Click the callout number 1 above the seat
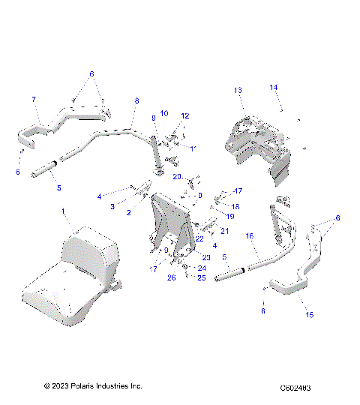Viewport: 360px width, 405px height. [63, 212]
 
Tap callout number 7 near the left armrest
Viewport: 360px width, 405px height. [33, 99]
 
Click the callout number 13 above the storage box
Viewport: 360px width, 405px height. [238, 90]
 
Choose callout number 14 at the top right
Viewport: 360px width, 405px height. [273, 88]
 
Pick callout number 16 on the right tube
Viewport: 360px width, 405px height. [250, 234]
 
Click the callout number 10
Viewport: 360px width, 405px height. [164, 113]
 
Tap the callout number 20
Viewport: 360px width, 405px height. [178, 176]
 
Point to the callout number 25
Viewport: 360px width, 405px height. [201, 277]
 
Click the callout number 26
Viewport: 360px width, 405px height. [170, 277]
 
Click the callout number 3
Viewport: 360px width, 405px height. [113, 205]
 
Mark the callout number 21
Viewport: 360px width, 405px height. [224, 231]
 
